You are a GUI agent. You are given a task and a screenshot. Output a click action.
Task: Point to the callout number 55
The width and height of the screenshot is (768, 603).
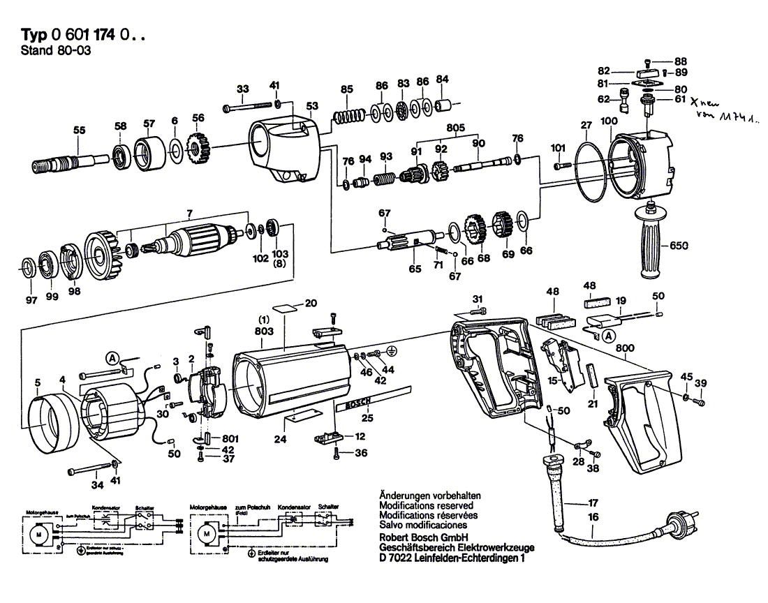79,129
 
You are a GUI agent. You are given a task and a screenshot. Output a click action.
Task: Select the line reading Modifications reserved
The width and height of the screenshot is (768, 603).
426,505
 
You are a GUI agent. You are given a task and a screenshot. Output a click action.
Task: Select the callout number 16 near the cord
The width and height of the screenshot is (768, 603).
593,517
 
